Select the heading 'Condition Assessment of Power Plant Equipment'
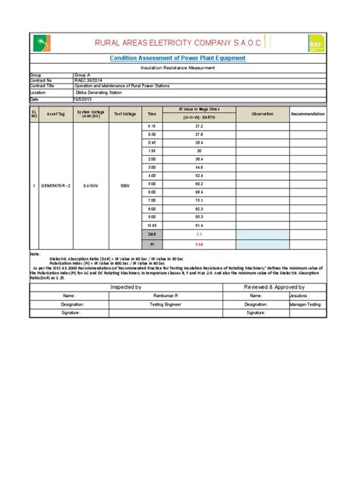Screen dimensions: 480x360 (x=178, y=58)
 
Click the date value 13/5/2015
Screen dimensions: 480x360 (x=83, y=99)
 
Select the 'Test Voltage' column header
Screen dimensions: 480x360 (x=124, y=114)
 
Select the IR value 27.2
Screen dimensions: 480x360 (x=199, y=126)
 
